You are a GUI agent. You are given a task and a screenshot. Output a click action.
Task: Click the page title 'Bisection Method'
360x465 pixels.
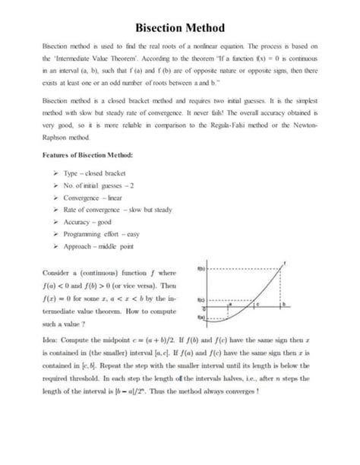179,28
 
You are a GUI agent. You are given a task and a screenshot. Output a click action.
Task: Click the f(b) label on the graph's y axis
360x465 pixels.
201,269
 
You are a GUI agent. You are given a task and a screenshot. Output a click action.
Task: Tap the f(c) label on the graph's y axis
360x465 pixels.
201,299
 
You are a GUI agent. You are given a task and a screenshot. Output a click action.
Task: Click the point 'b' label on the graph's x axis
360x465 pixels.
283,304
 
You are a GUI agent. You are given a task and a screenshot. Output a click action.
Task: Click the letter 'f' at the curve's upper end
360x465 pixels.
286,262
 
